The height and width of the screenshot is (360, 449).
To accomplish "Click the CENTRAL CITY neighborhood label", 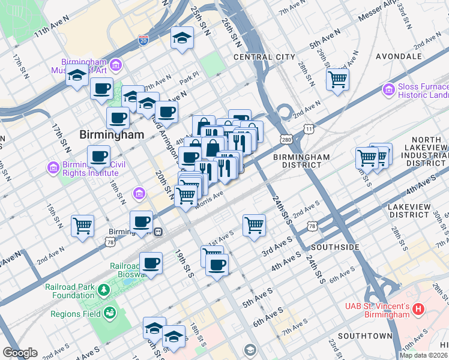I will (264, 57).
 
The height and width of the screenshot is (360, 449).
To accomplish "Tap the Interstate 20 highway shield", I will (143, 40).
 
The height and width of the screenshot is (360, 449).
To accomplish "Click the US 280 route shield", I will (285, 139).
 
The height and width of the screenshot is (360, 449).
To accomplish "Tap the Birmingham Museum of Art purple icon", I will (116, 64).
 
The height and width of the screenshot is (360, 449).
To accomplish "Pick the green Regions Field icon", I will (109, 313).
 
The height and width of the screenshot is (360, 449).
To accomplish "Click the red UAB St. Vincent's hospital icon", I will (418, 309).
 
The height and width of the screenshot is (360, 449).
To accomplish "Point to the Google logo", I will (20, 353).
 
